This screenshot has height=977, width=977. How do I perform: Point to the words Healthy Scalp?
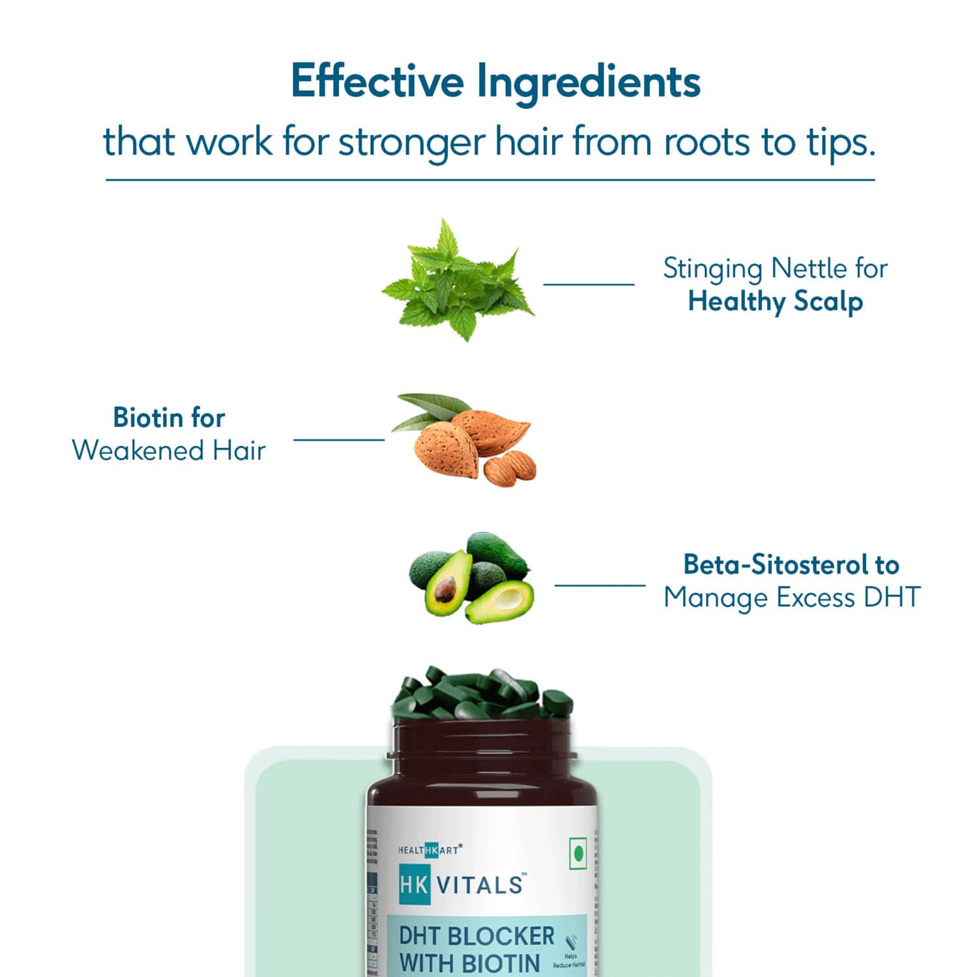point(775,302)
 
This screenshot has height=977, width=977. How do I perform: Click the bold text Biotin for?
point(169,418)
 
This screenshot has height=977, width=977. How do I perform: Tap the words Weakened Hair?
point(169,450)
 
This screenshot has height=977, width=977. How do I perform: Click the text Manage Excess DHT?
point(792,597)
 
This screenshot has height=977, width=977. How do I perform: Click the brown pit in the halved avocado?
point(445,589)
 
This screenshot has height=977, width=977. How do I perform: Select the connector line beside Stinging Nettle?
point(589,284)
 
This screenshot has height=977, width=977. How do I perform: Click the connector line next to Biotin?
point(339,439)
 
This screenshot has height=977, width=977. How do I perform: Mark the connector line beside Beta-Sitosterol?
point(600,585)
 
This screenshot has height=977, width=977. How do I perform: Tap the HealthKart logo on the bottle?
point(429,849)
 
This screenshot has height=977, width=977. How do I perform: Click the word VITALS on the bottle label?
point(479,884)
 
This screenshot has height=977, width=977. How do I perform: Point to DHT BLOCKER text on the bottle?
point(476,936)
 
